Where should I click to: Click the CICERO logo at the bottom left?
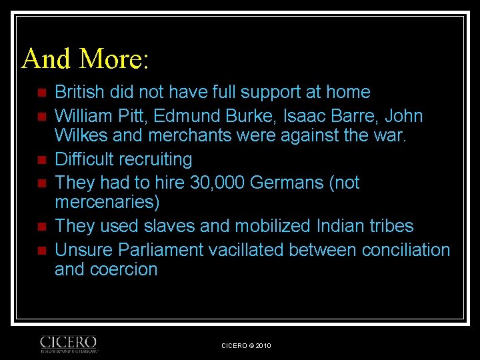69,343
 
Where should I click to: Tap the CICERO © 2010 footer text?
246,345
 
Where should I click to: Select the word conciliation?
406,250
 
